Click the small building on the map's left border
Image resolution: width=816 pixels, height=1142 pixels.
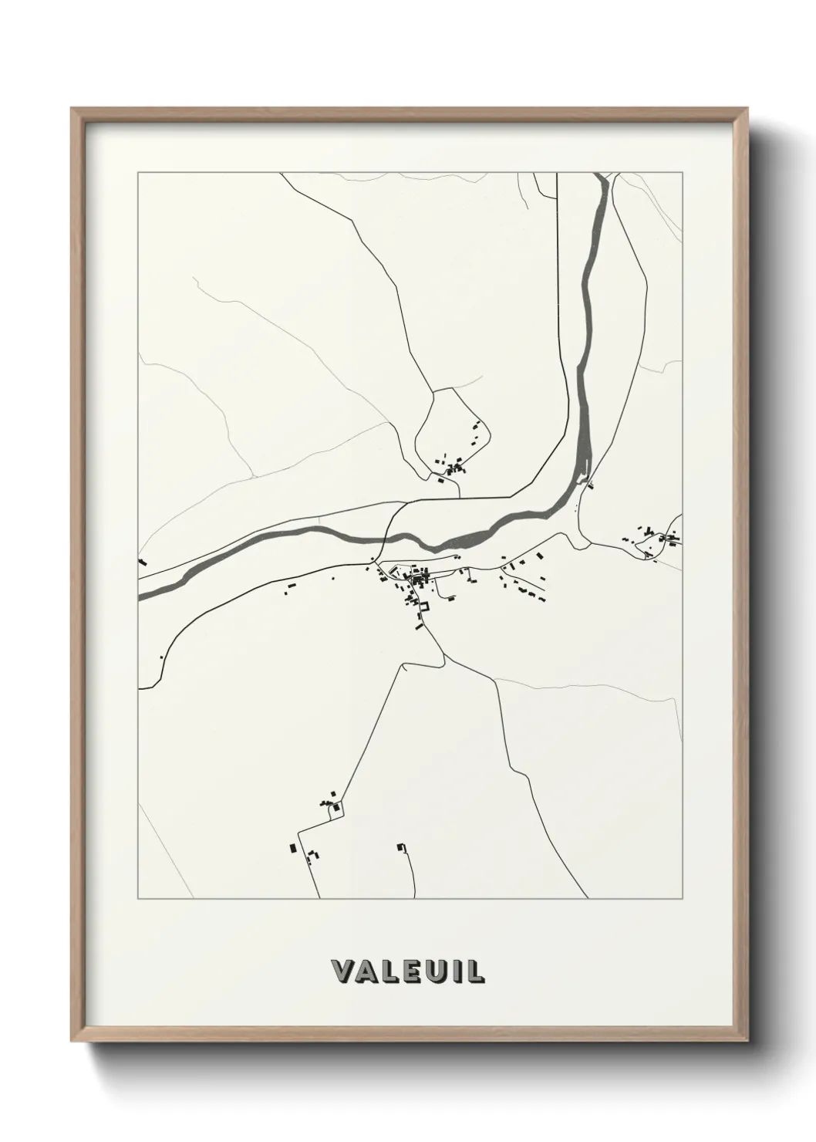141,562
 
